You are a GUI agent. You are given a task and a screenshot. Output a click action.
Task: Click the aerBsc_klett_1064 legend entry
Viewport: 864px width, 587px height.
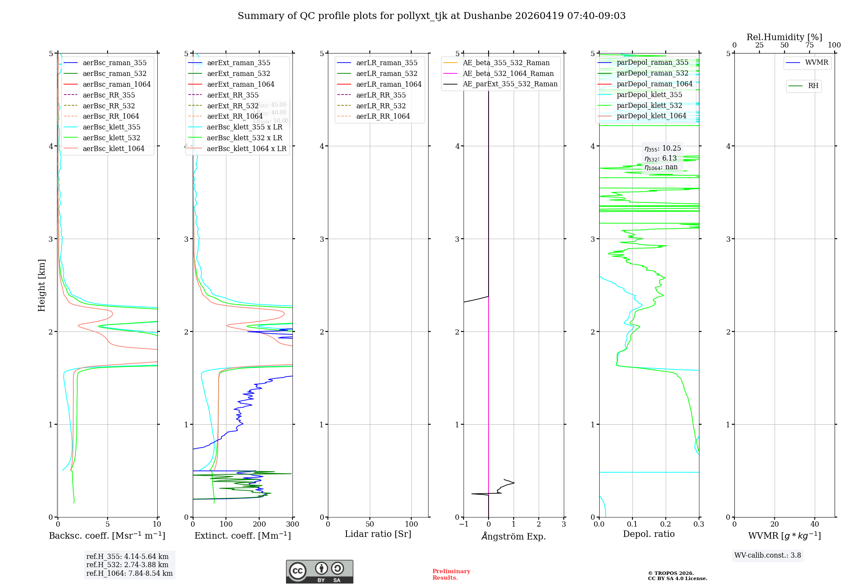pos(113,148)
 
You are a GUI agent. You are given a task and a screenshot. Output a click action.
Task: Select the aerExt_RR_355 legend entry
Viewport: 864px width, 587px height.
pos(232,95)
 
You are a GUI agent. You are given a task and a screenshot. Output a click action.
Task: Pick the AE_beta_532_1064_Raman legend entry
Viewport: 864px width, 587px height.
pos(508,73)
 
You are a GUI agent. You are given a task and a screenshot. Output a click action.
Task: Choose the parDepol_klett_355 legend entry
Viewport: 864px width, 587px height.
pos(649,95)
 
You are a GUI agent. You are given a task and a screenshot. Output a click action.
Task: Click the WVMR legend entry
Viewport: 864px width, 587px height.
pos(816,63)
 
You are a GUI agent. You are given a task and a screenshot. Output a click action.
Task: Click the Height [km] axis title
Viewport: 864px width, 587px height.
pos(41,285)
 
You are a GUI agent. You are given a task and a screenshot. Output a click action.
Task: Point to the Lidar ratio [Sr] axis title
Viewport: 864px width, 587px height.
pos(378,534)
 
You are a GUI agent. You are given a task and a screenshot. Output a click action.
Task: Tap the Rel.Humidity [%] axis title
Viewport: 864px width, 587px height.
pos(784,37)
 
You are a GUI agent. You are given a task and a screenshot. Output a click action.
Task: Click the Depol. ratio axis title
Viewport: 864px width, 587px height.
pos(648,534)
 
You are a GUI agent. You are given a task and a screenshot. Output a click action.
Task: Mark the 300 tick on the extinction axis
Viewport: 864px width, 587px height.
pos(292,524)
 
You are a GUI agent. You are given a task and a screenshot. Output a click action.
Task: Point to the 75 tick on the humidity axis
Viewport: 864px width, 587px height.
pos(809,45)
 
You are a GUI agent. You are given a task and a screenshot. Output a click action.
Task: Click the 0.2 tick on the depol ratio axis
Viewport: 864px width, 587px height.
pos(666,524)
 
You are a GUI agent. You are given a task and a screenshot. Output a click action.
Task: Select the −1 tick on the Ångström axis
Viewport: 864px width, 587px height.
pos(464,524)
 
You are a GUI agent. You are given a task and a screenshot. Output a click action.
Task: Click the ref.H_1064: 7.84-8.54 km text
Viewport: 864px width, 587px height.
pos(129,573)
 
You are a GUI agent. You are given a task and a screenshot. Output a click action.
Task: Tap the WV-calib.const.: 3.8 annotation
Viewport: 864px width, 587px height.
pos(767,555)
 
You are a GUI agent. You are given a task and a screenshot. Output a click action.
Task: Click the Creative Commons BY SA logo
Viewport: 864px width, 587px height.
pos(319,571)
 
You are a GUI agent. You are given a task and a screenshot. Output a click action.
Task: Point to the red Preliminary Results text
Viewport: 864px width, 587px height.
pos(451,574)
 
